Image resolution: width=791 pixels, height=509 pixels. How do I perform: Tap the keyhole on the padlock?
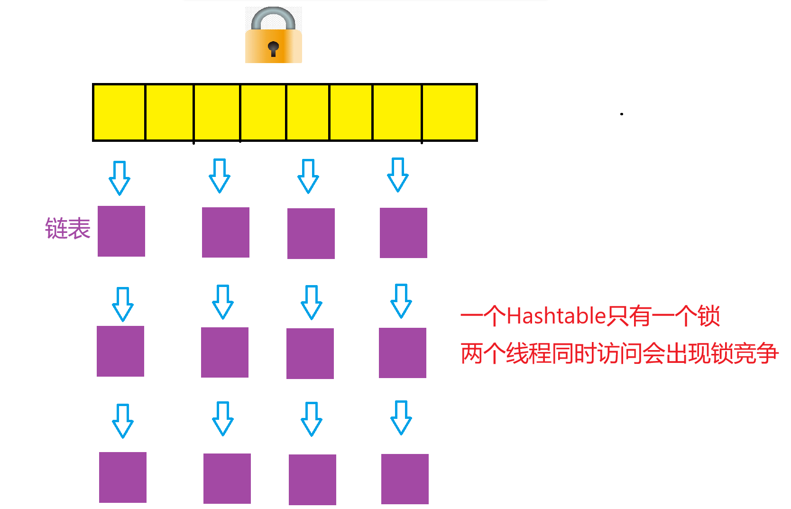pos(273,47)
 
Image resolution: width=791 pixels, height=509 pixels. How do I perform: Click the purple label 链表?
pos(68,229)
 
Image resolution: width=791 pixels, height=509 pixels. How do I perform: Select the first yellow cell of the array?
pos(119,112)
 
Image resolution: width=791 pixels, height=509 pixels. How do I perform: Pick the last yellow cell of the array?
pos(449,112)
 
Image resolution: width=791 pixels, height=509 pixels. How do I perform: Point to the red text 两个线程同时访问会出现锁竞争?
pos(619,353)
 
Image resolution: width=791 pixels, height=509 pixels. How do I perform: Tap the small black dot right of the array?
pos(621,114)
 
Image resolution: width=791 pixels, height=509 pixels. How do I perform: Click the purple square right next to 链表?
pos(121,231)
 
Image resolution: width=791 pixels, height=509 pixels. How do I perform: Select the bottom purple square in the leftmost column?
pos(123,477)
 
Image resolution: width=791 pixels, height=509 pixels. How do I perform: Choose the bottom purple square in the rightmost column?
pos(405,479)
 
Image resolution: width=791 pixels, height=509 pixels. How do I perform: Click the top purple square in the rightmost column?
pos(404,233)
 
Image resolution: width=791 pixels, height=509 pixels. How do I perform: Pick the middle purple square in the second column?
pos(225,352)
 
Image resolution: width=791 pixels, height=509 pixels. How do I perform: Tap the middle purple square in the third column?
pos(310,353)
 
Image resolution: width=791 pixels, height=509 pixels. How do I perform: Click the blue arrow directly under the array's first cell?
pos(120,178)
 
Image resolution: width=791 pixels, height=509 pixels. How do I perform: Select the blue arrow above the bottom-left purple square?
pos(123,421)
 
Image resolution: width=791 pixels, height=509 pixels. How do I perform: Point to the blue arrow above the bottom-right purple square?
pos(401,418)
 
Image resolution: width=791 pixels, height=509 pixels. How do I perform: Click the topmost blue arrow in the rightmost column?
pos(398,175)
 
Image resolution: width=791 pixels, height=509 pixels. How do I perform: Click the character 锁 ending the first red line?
pos(709,316)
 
